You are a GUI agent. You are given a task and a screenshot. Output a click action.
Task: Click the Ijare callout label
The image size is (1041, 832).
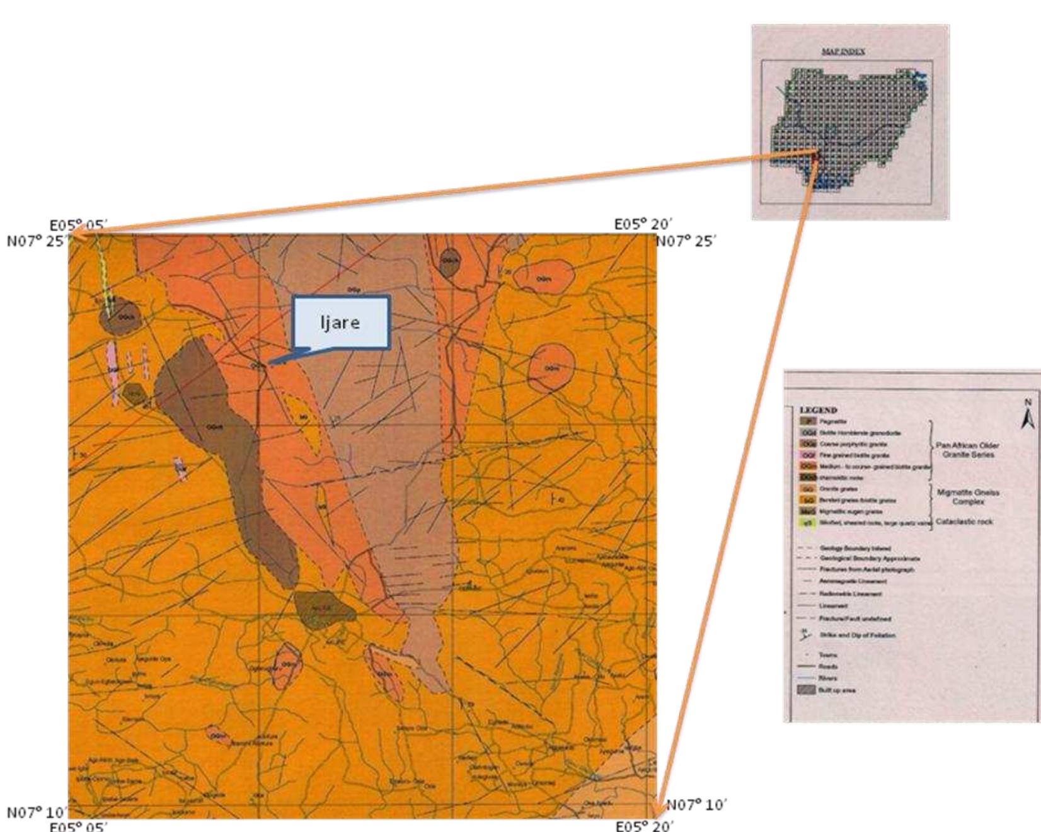(340, 322)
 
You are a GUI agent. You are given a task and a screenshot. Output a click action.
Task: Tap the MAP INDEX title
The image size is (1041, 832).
(843, 51)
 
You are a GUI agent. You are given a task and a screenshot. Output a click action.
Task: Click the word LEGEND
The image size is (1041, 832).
(818, 410)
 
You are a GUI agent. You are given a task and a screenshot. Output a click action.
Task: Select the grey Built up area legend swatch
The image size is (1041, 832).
(807, 690)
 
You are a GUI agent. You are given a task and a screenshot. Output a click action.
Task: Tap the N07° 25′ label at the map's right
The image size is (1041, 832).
(686, 241)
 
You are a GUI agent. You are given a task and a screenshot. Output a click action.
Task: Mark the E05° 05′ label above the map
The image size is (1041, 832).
(79, 225)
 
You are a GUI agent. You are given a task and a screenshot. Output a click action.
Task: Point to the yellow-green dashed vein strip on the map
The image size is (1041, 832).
(105, 278)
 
